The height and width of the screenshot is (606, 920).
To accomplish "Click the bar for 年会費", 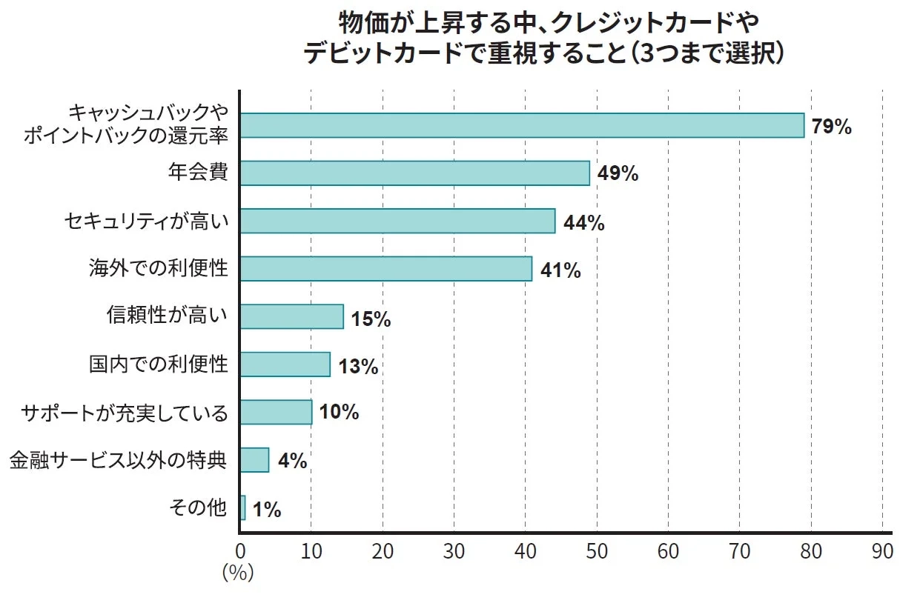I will click(x=414, y=173).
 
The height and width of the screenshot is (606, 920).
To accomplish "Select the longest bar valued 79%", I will click(x=522, y=126).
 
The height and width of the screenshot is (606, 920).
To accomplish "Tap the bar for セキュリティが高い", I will click(x=397, y=221).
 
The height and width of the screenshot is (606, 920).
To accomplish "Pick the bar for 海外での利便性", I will click(x=386, y=269).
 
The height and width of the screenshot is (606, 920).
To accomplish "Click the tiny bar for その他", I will click(x=242, y=507).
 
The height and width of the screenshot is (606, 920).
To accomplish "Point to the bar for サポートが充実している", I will click(x=276, y=412).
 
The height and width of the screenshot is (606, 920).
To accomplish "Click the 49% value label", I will click(x=618, y=173).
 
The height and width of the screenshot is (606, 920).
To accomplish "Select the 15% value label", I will click(x=371, y=319).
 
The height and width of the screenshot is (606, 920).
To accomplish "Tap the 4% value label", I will click(x=292, y=461).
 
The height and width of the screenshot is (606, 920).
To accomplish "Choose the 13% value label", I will click(x=358, y=366).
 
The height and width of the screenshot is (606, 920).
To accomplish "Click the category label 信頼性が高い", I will click(x=168, y=316).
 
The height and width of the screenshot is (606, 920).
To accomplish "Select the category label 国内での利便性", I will click(x=159, y=364).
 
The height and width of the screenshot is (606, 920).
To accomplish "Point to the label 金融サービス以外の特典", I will click(x=118, y=460).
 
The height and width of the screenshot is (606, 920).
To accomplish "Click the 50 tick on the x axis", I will click(x=597, y=552).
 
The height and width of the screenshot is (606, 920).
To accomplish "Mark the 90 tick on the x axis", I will click(x=882, y=552).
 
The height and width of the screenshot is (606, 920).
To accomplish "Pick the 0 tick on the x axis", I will click(x=240, y=552).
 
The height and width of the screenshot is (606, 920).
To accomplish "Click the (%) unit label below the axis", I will click(x=238, y=573).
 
